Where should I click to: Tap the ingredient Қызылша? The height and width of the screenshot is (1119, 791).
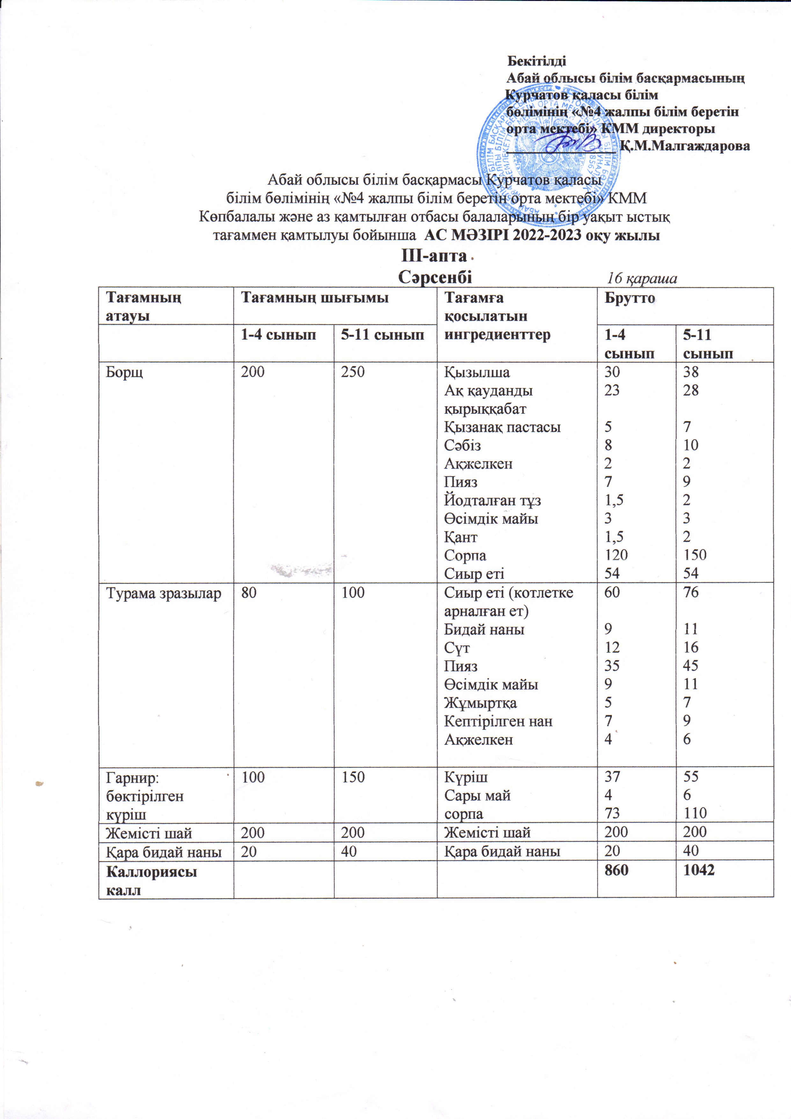pyautogui.click(x=477, y=372)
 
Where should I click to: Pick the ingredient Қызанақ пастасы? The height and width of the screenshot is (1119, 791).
pyautogui.click(x=502, y=427)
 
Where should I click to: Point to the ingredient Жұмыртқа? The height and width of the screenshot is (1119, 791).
pyautogui.click(x=480, y=703)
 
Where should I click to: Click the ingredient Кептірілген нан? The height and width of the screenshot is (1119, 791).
pyautogui.click(x=498, y=721)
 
